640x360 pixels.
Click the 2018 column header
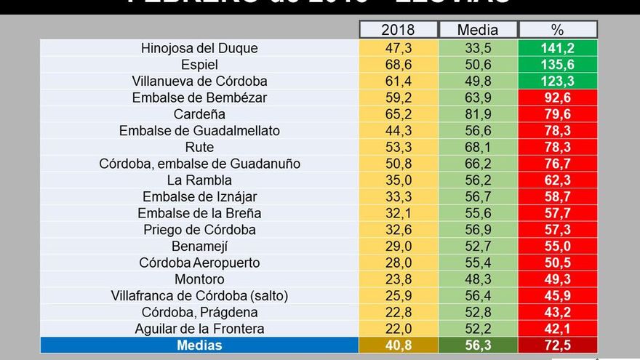click(x=398, y=30)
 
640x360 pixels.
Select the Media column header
click(x=478, y=30)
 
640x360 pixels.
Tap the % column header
click(x=557, y=30)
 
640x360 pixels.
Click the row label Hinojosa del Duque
click(x=199, y=49)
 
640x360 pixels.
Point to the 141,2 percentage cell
click(x=557, y=49)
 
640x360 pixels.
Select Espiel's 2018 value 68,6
click(x=398, y=65)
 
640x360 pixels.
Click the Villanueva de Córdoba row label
click(x=199, y=81)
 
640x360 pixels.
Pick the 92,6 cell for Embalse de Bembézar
click(x=557, y=97)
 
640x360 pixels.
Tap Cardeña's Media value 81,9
click(x=478, y=114)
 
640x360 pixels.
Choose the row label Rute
click(x=199, y=147)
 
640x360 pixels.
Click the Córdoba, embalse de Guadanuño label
click(x=199, y=164)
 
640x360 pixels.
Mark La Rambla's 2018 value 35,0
click(x=398, y=180)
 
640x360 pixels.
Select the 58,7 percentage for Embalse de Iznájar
click(x=557, y=196)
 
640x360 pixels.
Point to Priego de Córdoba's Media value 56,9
click(x=478, y=230)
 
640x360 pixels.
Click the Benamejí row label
click(x=199, y=246)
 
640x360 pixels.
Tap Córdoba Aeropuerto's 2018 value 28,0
click(x=398, y=263)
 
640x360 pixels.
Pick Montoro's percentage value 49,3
click(x=557, y=279)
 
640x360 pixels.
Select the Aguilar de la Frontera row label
click(x=199, y=329)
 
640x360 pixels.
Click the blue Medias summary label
click(x=199, y=345)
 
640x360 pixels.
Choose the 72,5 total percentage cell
click(x=557, y=345)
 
